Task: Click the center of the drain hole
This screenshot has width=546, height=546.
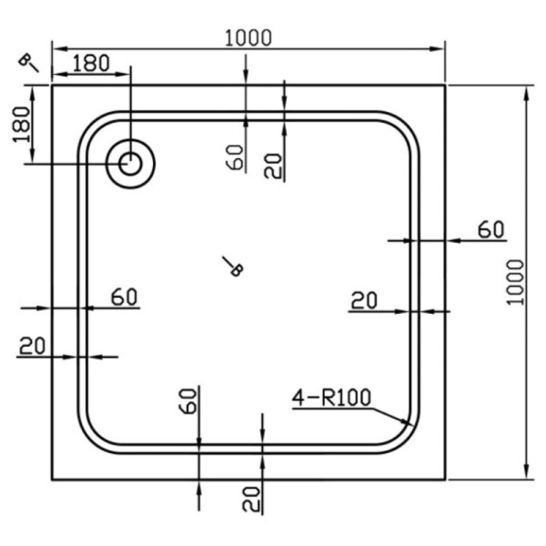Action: [131, 164]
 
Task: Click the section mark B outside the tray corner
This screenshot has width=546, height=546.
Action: [28, 62]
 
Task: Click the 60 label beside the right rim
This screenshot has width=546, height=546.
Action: [490, 229]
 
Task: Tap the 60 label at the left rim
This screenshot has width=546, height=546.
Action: [124, 296]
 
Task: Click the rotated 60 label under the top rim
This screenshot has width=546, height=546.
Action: [236, 157]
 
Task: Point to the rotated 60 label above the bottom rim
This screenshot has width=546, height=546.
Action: [187, 400]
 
